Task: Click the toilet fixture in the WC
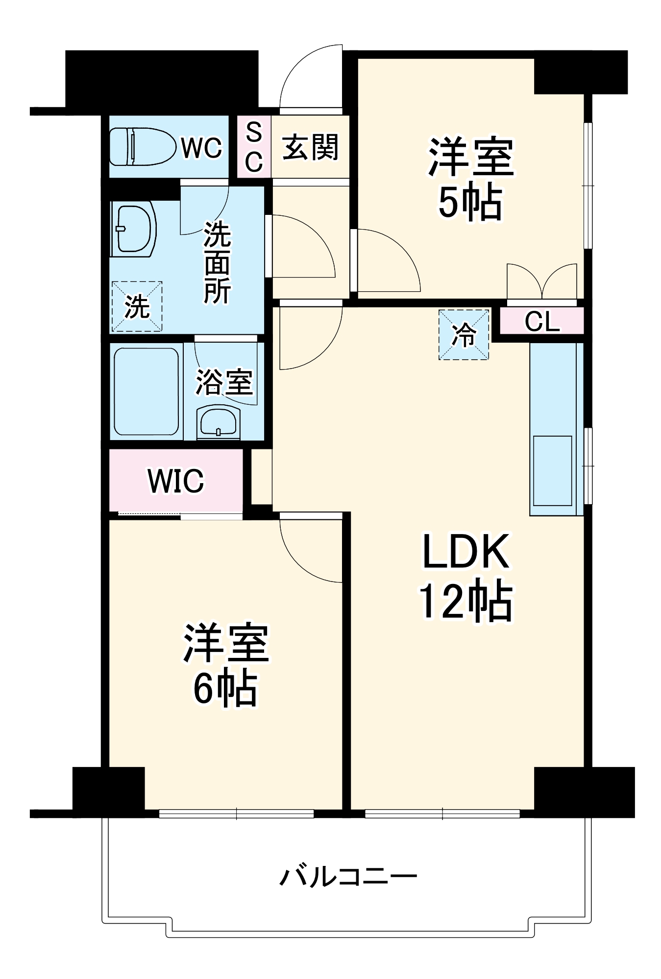[142, 146]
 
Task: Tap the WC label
[201, 147]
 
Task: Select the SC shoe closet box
[254, 146]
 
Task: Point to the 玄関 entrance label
[310, 147]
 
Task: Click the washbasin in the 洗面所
[133, 229]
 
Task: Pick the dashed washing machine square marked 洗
[137, 306]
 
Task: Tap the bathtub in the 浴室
[146, 391]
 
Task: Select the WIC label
[175, 481]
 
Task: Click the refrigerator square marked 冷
[464, 335]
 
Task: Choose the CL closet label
[542, 322]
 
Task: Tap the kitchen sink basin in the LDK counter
[552, 470]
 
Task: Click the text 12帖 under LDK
[465, 601]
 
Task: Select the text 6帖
[225, 688]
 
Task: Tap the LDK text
[465, 552]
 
